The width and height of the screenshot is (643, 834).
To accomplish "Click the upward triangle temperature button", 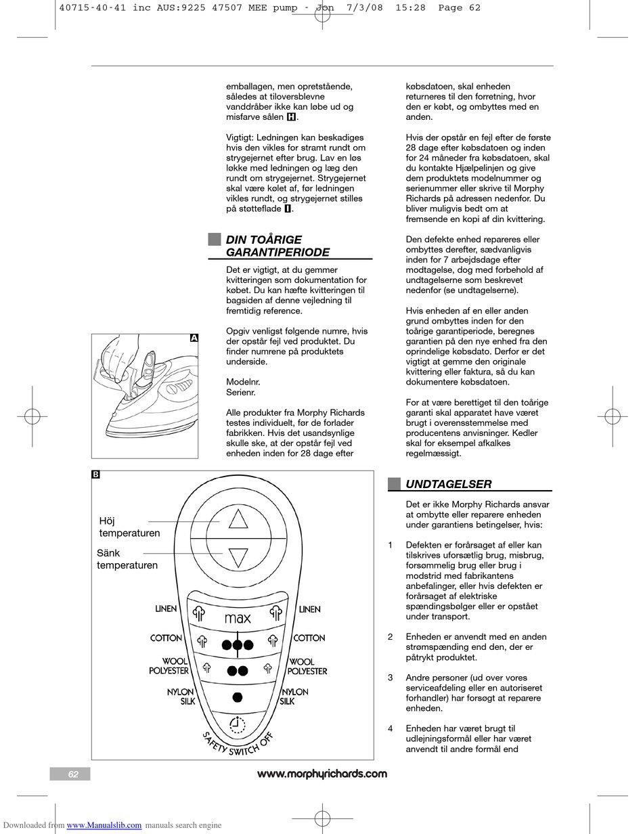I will click(238, 520).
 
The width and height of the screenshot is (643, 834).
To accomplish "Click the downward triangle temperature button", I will click(238, 557).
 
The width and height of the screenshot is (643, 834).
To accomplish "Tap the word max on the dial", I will click(238, 618).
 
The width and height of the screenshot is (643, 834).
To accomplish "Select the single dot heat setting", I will click(238, 697).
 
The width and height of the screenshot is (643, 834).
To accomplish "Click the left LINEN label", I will click(166, 609).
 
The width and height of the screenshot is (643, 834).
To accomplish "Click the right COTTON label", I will click(309, 638).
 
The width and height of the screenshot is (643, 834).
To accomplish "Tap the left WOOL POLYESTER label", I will click(169, 666).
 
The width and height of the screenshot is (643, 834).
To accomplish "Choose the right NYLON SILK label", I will click(294, 697).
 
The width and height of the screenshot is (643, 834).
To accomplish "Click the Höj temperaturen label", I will click(129, 527).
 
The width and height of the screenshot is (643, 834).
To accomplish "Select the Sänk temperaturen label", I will click(127, 559).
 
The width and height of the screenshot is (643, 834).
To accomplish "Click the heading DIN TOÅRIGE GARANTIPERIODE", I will click(278, 246).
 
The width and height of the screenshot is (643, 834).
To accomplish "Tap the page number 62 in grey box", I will click(73, 774).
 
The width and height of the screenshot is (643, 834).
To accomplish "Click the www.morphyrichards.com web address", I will click(322, 774).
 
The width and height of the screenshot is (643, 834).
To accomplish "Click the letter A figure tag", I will click(194, 338).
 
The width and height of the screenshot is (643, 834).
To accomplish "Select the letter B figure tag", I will click(95, 475).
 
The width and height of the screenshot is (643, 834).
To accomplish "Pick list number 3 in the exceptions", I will click(391, 678).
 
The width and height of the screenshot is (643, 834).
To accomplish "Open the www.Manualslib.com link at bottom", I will click(104, 825).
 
